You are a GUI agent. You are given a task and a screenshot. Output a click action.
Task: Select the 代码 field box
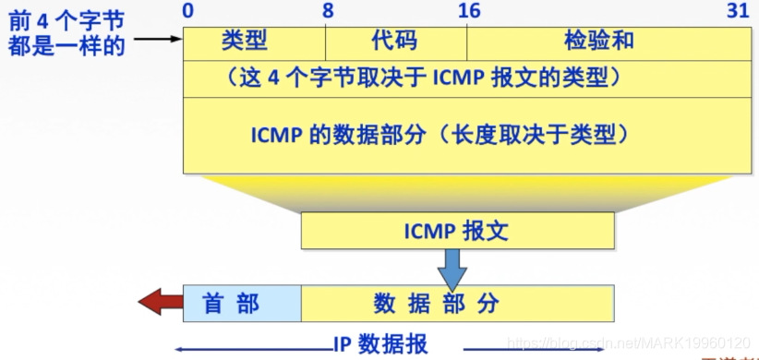point(395,42)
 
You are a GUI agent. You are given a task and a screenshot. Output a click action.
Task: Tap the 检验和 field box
point(600,42)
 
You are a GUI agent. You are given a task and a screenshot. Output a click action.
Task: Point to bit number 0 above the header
point(188,11)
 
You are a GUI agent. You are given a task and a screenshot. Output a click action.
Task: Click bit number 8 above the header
point(329,11)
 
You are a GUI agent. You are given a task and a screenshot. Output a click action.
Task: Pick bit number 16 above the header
point(469,11)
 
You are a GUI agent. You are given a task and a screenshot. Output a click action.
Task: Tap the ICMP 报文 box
point(457,231)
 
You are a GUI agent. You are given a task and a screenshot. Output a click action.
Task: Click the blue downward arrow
point(452,270)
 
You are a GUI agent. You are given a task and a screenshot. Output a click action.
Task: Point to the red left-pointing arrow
point(159,302)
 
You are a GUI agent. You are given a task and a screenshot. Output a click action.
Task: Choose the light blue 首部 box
point(242,303)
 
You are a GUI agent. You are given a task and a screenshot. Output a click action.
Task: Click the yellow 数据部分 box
point(457,303)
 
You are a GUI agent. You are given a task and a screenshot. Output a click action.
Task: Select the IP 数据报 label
point(380,344)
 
